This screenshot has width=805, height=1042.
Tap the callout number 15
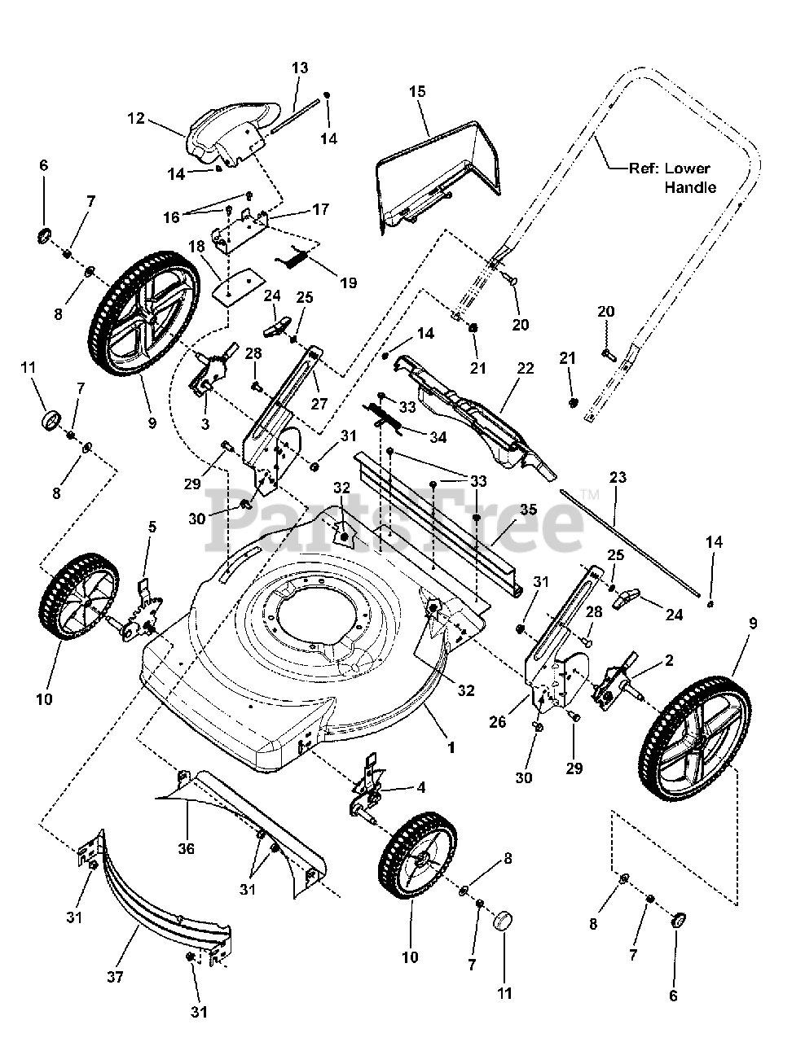click(x=417, y=92)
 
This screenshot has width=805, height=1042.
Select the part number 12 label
click(x=135, y=119)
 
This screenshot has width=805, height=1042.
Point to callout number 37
click(x=115, y=977)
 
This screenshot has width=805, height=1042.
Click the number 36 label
click(x=187, y=848)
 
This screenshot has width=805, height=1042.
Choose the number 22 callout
click(x=525, y=369)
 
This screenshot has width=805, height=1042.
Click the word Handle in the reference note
click(x=690, y=187)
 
